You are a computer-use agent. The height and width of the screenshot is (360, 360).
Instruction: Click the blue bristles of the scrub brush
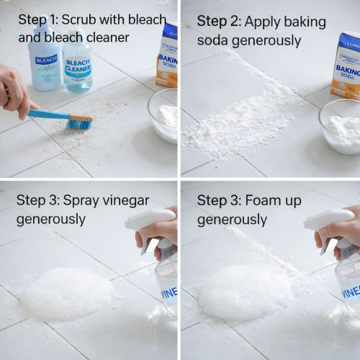pyautogui.click(x=78, y=125)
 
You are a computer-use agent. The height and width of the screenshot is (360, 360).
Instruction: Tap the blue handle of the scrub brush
pyautogui.click(x=48, y=114)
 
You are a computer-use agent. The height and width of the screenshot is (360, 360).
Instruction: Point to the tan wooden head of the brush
pyautogui.click(x=81, y=117)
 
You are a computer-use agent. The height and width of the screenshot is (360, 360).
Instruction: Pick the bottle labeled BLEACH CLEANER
pyautogui.click(x=77, y=61)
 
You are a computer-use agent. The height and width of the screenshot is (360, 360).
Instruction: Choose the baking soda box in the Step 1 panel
pyautogui.click(x=167, y=55)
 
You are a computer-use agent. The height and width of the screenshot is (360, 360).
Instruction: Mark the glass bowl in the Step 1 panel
pyautogui.click(x=163, y=116)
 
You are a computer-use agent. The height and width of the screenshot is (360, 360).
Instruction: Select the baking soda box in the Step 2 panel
pyautogui.click(x=346, y=66)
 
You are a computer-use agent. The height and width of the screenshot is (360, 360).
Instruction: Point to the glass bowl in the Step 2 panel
pyautogui.click(x=339, y=127)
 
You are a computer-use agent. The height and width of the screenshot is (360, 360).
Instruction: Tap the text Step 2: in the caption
pyautogui.click(x=219, y=22)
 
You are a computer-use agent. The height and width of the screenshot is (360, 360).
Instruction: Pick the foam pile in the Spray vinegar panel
pyautogui.click(x=65, y=294)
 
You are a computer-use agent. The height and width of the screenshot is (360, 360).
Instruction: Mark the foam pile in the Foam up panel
pyautogui.click(x=245, y=292)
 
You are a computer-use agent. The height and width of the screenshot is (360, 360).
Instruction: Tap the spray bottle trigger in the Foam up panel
pyautogui.click(x=327, y=245)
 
